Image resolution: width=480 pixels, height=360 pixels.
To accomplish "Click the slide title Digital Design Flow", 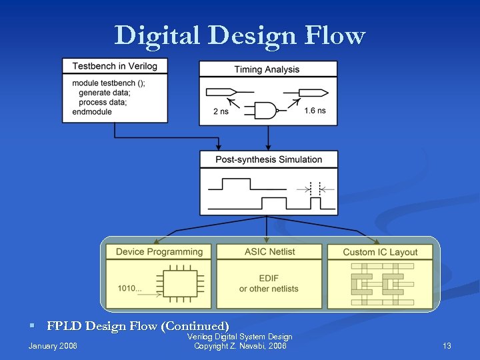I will tap(239, 35).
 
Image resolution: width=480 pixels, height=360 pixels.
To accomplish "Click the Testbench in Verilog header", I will tap(115, 66).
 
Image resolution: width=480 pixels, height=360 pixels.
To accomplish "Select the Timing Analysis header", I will tap(267, 69).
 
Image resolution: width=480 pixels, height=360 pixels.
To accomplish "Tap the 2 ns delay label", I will tap(221, 111).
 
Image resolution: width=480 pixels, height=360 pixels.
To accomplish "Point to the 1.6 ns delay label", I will tap(315, 111).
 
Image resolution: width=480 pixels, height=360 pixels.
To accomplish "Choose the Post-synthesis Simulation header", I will tap(269, 159).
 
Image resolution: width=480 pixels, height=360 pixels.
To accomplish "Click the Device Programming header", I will tap(159, 252).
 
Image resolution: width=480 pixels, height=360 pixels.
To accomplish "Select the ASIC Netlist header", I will tap(269, 251).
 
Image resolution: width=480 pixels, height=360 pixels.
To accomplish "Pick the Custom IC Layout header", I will tap(380, 252).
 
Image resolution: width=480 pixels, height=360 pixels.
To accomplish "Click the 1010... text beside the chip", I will tap(130, 289).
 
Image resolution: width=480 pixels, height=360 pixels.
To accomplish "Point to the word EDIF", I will tap(269, 278).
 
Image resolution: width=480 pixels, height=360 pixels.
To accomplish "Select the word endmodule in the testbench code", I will tap(92, 112).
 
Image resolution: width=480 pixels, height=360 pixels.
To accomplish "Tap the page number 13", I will tap(447, 345).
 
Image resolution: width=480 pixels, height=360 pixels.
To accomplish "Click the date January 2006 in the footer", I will tap(53, 345).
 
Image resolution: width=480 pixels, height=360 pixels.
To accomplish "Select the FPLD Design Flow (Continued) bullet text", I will tap(138, 326).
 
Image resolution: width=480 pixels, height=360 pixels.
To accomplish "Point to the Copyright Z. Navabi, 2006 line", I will tap(240, 346).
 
